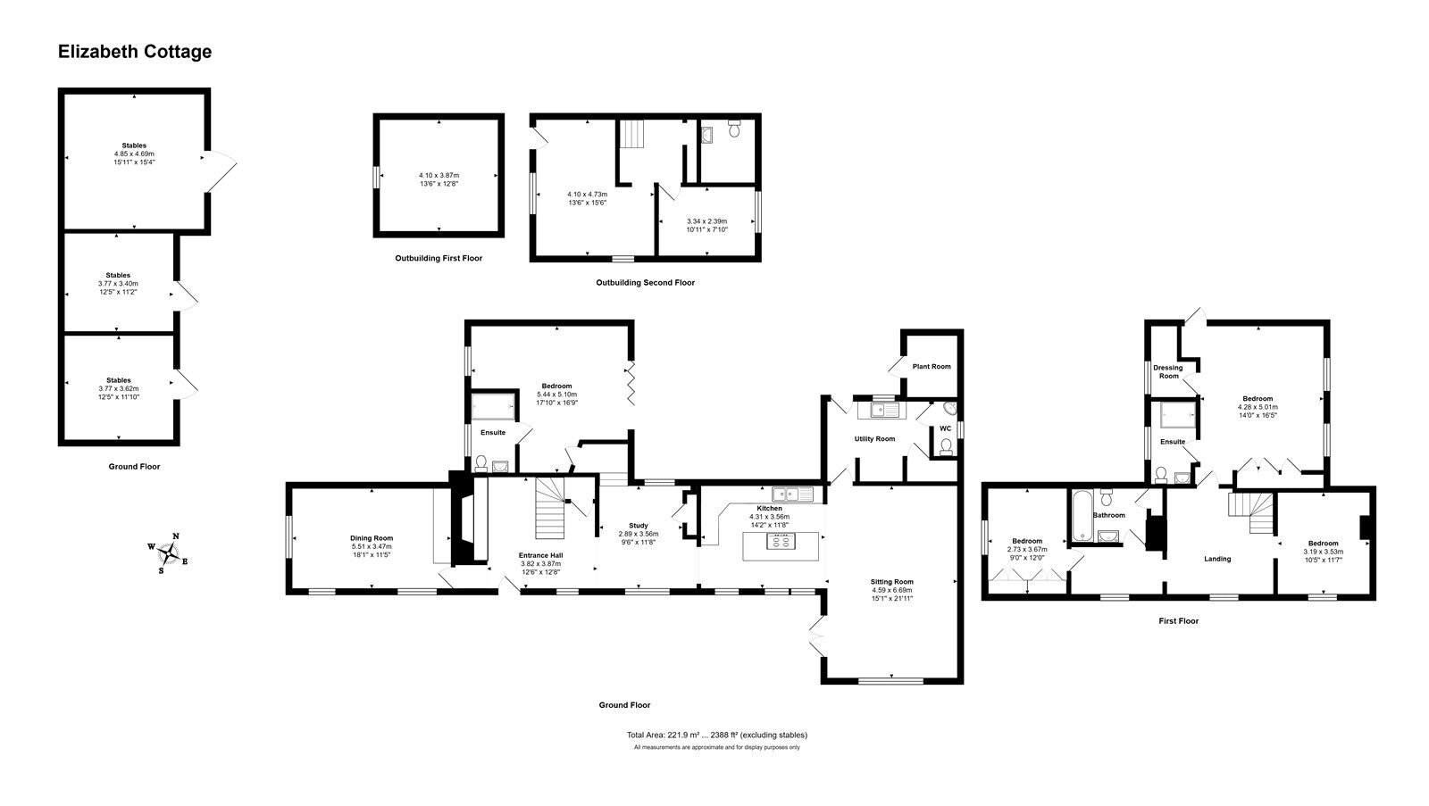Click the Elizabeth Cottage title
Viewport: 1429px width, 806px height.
point(135,52)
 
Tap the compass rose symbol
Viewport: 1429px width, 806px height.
point(169,553)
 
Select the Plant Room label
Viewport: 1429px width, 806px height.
point(932,367)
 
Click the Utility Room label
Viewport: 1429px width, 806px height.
point(874,439)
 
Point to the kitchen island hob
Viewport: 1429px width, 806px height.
point(781,542)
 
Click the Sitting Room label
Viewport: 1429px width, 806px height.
point(892,582)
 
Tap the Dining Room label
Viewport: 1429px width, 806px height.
point(372,538)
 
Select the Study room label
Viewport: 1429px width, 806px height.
point(638,526)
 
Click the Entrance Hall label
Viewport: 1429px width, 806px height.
point(541,555)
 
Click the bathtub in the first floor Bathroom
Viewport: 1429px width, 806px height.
point(1082,516)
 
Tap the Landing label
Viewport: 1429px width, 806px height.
point(1217,560)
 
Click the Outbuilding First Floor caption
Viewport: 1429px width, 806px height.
point(439,258)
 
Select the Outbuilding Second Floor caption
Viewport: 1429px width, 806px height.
point(645,282)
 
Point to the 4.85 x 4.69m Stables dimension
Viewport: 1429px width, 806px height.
point(134,154)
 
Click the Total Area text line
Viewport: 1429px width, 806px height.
point(717,735)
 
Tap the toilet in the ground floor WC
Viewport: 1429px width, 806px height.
point(946,446)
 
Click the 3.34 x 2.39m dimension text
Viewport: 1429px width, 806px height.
point(706,221)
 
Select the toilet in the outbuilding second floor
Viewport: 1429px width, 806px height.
point(734,129)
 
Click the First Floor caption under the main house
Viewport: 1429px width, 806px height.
point(1178,621)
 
